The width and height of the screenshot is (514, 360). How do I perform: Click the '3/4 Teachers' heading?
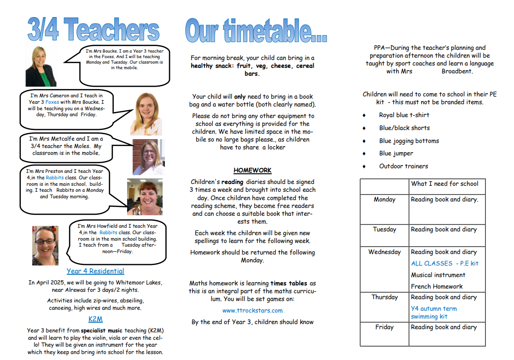click(x=93, y=30)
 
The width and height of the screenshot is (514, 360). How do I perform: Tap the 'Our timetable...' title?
click(x=256, y=30)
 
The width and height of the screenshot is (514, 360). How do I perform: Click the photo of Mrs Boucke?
click(x=41, y=65)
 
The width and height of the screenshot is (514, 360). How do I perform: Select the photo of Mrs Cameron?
click(x=146, y=113)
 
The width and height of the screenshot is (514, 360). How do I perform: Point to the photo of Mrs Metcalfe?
click(x=148, y=157)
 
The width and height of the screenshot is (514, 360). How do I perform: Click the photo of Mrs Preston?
click(x=144, y=197)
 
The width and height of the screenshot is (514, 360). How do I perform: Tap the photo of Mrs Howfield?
click(x=45, y=245)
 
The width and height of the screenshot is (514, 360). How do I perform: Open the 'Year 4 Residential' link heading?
click(x=95, y=271)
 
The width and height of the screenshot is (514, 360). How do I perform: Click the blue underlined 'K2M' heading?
click(x=95, y=319)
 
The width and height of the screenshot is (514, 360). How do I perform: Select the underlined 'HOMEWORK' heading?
click(x=252, y=170)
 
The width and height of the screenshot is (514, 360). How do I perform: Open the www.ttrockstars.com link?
click(x=252, y=311)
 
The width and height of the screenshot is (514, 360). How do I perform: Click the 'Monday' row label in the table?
click(x=385, y=200)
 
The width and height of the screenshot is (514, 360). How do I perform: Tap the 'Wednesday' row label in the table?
click(x=385, y=252)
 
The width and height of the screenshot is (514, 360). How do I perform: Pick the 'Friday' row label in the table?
click(x=385, y=327)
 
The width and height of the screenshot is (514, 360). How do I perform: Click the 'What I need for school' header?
click(x=444, y=183)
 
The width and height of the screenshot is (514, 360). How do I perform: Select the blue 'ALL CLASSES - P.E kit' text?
click(x=444, y=264)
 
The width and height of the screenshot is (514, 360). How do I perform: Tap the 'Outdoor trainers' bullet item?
click(x=403, y=166)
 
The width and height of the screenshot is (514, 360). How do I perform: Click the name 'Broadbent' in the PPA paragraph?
click(x=457, y=71)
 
